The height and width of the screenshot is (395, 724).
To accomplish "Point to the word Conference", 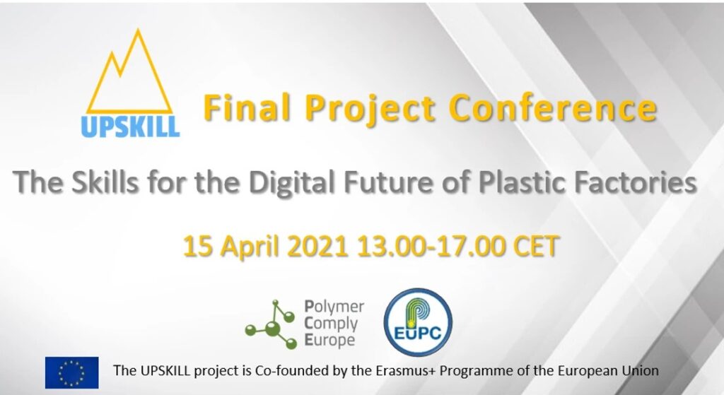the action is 552,108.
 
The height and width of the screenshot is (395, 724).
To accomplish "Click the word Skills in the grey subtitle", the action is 105,182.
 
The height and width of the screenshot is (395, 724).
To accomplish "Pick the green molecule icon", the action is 271,324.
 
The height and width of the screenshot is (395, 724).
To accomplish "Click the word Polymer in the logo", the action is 334,307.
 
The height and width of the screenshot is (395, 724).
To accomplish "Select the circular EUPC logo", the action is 418,322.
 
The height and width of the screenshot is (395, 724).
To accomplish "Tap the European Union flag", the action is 71,372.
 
